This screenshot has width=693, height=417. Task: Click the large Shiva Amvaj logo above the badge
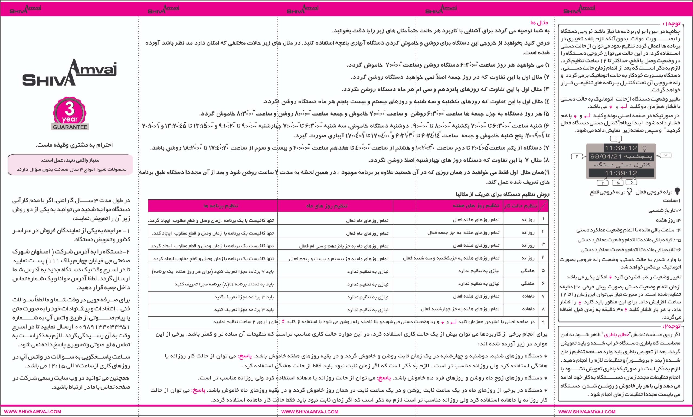point(69,73)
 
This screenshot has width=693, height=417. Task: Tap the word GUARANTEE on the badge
point(70,127)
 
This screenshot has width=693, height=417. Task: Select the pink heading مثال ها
point(539,22)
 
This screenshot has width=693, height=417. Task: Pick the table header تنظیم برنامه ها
point(221,206)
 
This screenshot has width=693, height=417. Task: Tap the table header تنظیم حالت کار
point(521,206)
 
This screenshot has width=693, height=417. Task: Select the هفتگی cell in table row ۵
point(528,270)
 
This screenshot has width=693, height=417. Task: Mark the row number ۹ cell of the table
point(543,322)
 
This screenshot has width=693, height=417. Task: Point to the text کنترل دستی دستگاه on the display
point(622,165)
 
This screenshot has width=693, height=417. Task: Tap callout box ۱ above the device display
point(616,139)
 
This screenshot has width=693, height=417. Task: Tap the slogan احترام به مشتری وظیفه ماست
point(74,145)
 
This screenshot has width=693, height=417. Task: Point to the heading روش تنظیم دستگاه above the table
point(502,194)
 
